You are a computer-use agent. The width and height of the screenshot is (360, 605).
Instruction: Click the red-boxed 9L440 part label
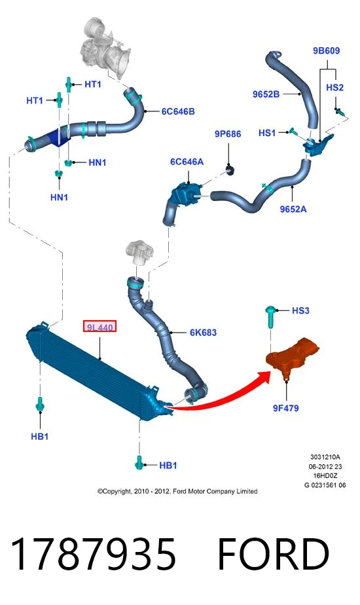tap(99, 327)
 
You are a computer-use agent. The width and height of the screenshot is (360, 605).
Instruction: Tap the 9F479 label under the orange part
tap(285, 408)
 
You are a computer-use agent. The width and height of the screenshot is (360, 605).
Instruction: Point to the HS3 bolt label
tap(300, 310)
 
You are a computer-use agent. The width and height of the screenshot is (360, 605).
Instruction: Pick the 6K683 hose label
tap(203, 332)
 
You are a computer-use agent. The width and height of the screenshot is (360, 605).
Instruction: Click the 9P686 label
tap(228, 134)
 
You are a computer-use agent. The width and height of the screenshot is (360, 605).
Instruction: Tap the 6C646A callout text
tap(187, 162)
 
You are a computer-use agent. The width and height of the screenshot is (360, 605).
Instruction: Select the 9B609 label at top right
tap(326, 50)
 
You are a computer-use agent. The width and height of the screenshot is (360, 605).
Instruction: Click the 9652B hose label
tap(266, 94)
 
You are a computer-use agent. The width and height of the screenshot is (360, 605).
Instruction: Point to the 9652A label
tap(293, 209)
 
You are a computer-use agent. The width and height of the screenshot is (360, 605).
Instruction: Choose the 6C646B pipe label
tap(178, 111)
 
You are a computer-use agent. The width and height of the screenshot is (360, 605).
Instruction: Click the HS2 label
tap(334, 88)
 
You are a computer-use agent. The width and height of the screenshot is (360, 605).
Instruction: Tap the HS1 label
tap(267, 133)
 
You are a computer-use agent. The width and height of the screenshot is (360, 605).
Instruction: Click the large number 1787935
tap(94, 554)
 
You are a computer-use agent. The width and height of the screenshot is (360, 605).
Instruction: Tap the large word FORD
tap(273, 554)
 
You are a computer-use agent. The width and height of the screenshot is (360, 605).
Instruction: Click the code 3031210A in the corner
tap(325, 457)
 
